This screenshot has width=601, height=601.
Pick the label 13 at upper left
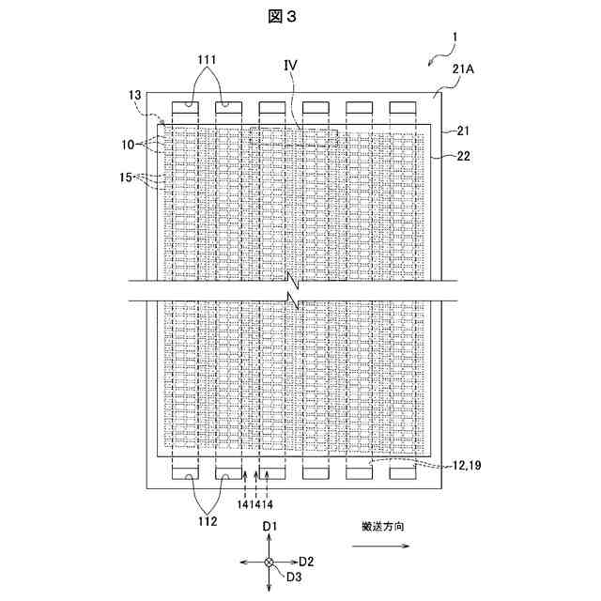click(x=137, y=94)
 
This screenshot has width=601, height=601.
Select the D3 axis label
click(x=294, y=576)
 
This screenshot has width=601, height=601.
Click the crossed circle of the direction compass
click(x=270, y=562)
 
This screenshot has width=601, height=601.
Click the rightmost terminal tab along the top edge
click(x=402, y=107)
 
